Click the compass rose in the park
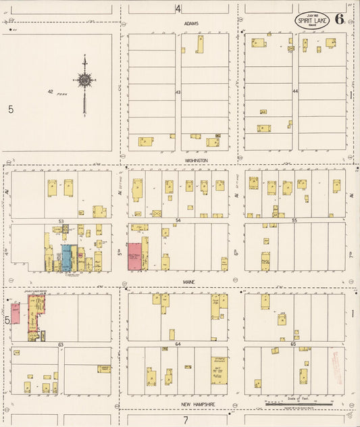pos(84,81)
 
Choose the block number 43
pos(178,91)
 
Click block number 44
pos(295,91)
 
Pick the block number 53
pos(61,221)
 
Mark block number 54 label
pos(178,221)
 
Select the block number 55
pos(294,221)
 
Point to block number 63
pos(61,345)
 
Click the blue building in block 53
pos(67,258)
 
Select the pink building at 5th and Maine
pos(135,257)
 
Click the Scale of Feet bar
pos(297,403)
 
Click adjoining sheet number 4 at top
pos(178,8)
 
